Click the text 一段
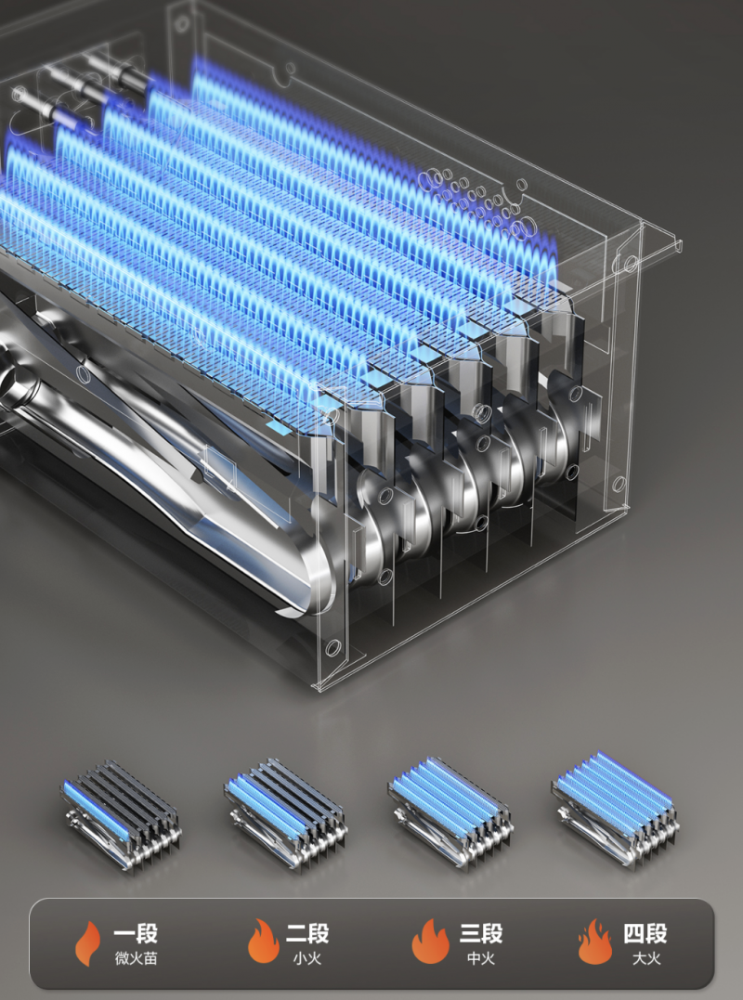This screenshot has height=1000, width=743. coord(136,934)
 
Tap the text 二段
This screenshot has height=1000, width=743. coord(307,934)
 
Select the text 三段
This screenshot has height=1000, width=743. coord(481,934)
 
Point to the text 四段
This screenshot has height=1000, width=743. coord(645,934)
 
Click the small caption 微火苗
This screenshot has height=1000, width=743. coord(136,958)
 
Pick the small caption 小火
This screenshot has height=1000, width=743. coord(307,958)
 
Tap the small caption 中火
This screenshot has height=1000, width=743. coord(481,958)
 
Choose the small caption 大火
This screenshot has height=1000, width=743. coord(646,958)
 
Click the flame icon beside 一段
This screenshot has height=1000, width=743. coord(88,943)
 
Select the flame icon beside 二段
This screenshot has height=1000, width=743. coord(264,942)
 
